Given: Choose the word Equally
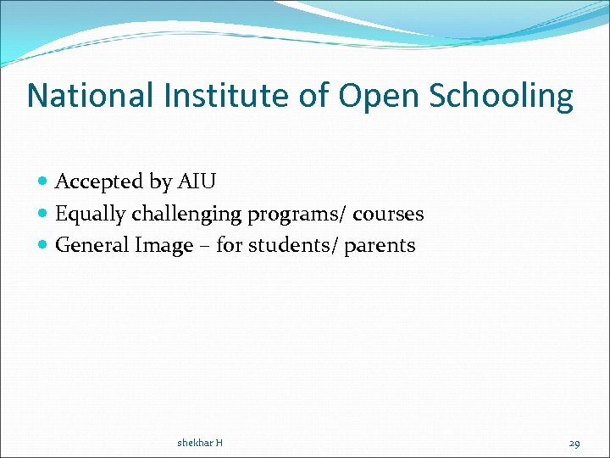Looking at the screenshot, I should point(90,215).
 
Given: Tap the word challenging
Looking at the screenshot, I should point(186,215).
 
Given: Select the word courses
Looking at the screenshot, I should point(388,215).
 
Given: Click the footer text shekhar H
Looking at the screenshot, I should point(200,443).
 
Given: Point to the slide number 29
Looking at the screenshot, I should point(574,443).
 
